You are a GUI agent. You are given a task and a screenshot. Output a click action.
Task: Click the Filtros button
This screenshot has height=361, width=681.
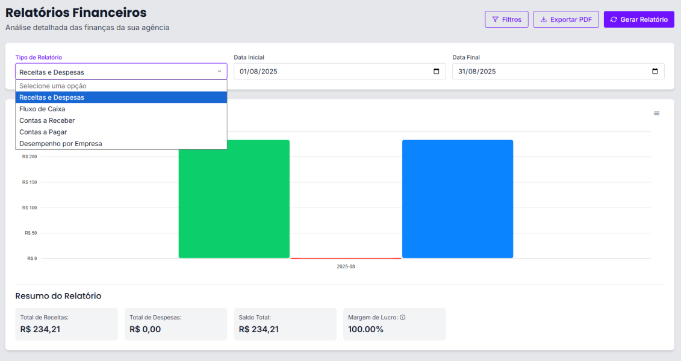(x=506, y=19)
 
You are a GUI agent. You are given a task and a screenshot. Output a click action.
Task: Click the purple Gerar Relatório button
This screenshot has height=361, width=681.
(x=639, y=19)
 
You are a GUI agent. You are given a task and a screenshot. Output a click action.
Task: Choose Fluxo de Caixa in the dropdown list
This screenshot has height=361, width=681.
(x=42, y=109)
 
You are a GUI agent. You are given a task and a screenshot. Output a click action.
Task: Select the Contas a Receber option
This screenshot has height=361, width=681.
(x=47, y=120)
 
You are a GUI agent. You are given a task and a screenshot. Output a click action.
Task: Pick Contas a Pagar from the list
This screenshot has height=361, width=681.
(x=43, y=132)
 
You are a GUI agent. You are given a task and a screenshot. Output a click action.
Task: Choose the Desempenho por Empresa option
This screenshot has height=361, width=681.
(x=60, y=144)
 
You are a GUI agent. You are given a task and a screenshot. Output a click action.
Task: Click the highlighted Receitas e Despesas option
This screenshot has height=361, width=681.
(x=52, y=97)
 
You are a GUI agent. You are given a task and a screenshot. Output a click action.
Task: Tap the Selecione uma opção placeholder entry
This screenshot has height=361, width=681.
(x=53, y=86)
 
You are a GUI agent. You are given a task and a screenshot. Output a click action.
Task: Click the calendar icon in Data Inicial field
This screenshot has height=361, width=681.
(x=437, y=72)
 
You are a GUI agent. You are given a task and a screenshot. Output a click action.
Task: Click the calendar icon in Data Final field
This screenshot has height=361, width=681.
(x=655, y=72)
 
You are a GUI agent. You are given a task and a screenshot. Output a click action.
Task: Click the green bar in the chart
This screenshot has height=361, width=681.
(x=234, y=199)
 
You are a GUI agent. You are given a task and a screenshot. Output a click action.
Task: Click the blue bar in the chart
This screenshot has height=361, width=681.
(x=457, y=199)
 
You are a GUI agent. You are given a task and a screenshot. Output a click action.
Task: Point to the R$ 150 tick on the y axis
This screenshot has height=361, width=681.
(x=30, y=182)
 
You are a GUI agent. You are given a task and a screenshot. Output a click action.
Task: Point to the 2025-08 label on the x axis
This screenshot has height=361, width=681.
(x=346, y=267)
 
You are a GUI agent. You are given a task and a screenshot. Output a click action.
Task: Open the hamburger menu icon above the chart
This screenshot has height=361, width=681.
(x=656, y=113)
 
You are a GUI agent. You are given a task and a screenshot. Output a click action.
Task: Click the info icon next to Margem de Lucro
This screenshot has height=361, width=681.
(x=403, y=317)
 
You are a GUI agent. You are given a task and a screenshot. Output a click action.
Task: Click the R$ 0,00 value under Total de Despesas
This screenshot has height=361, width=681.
(x=145, y=329)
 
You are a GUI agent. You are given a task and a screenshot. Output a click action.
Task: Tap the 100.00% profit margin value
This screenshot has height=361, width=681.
(x=365, y=329)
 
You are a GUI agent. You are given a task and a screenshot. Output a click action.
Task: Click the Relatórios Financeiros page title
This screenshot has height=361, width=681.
(x=76, y=13)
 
